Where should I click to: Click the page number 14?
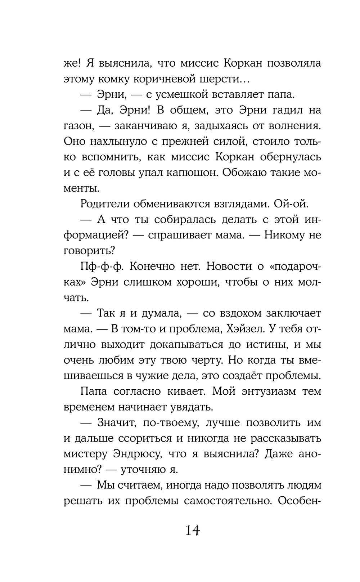click(192, 530)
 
